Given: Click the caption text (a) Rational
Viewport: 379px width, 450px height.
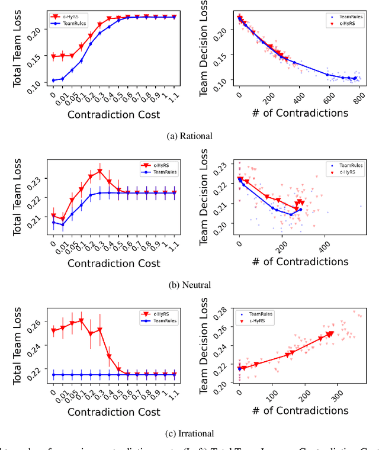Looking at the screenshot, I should [x=189, y=135].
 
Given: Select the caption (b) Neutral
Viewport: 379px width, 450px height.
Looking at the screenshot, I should [x=189, y=285].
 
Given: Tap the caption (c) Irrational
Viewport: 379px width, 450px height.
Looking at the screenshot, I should [x=189, y=433].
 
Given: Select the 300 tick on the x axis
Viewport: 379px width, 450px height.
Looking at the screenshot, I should [x=338, y=392].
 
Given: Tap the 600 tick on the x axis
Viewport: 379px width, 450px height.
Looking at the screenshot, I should [x=329, y=94].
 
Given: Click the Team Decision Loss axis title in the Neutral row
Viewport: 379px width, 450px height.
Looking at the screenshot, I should [x=204, y=197].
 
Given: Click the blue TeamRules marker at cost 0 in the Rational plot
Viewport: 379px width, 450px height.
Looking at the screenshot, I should [x=53, y=81].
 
